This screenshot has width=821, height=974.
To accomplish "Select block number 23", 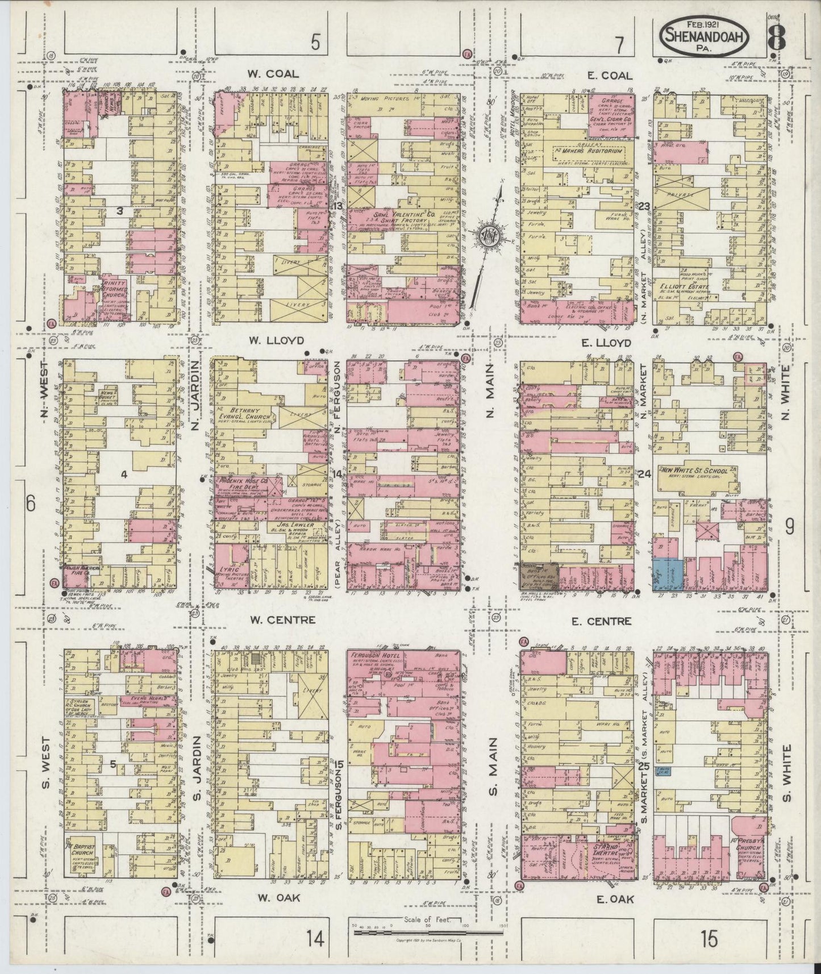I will (x=644, y=206).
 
